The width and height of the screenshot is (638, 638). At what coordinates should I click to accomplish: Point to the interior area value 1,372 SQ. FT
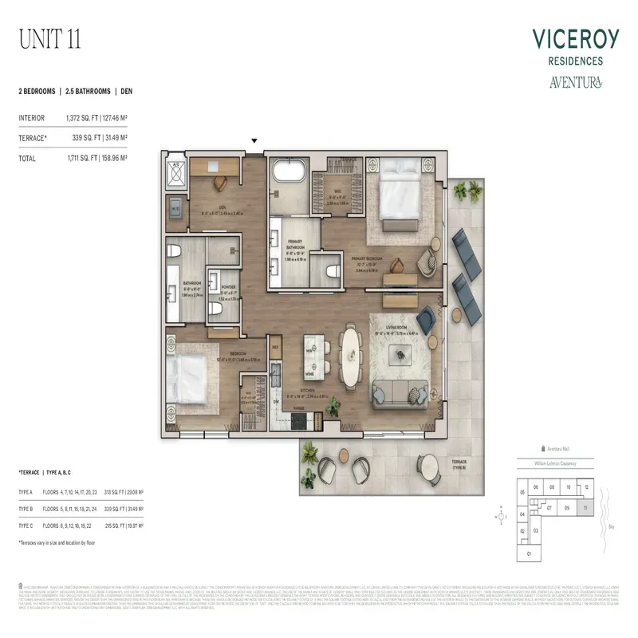coord(84,118)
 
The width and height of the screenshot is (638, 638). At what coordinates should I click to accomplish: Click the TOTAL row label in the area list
coord(28,159)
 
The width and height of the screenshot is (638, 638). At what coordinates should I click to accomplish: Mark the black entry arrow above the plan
coord(254,141)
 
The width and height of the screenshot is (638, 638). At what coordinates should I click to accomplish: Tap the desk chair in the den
coord(219,181)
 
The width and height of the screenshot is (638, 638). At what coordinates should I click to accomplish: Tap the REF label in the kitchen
coord(276,347)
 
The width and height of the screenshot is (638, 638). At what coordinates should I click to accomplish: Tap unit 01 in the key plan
coord(527,553)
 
